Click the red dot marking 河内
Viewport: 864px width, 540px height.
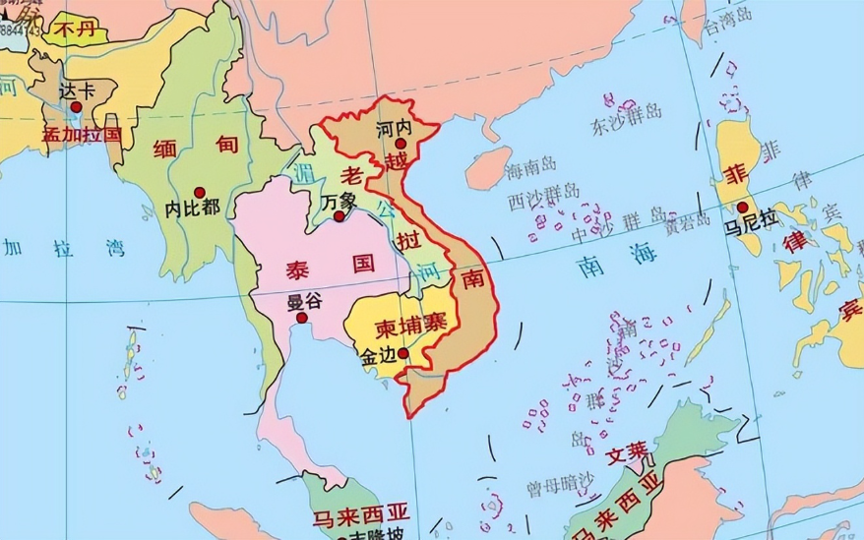click(401, 145)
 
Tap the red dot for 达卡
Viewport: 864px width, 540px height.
click(76, 106)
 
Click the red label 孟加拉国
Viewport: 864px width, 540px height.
click(82, 133)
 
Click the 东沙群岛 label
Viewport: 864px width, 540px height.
click(626, 124)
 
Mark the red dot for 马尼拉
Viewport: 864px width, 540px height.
click(742, 208)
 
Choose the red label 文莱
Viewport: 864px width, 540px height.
click(627, 454)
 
